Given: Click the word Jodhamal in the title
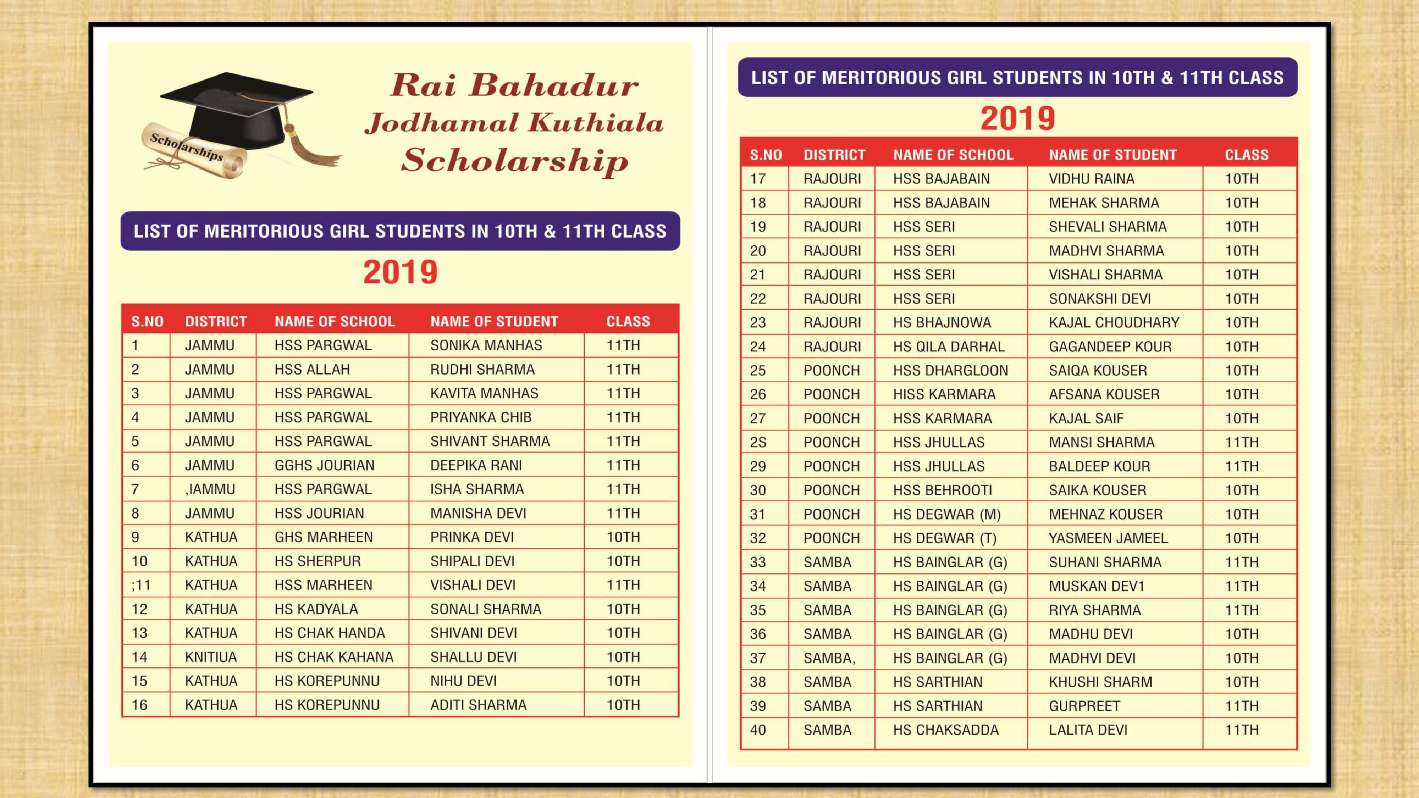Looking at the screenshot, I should [441, 123].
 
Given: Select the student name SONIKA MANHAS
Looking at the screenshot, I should [486, 345].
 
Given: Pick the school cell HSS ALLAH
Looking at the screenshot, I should [312, 370].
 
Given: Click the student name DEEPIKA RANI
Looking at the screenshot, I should [476, 465].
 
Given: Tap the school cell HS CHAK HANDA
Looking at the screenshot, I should [330, 633].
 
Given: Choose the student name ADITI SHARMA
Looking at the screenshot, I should [478, 705].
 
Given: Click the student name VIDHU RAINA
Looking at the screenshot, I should [1091, 179].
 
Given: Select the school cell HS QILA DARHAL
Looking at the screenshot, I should [949, 347].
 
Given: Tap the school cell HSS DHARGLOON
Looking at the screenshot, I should [950, 371].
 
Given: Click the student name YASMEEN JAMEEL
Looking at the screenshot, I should [1108, 538].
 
